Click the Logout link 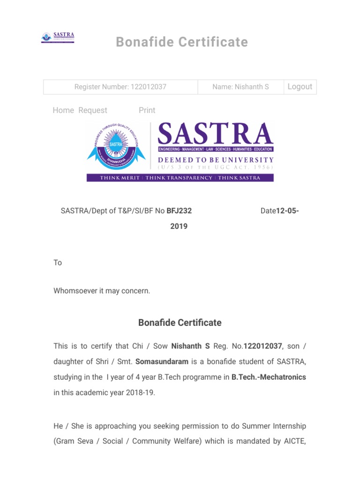300,87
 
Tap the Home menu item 63,110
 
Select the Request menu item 93,110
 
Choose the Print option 147,110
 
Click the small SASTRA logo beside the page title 58,37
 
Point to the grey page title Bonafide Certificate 182,42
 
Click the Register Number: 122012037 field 120,87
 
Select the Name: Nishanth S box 240,87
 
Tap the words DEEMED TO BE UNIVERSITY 216,160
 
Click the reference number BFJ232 179,211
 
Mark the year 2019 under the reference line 179,226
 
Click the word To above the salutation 58,262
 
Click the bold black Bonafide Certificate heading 180,323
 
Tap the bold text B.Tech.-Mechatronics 269,377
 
